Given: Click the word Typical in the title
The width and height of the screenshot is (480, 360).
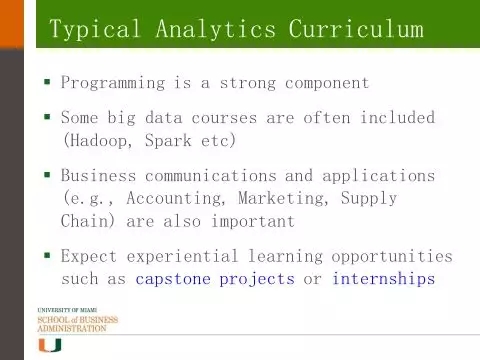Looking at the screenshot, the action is (95, 29).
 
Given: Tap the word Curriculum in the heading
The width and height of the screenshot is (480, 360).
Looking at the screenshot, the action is (356, 28).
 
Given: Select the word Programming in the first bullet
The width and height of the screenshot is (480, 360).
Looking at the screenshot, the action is (113, 83).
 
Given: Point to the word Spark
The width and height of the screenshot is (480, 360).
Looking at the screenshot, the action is (168, 140).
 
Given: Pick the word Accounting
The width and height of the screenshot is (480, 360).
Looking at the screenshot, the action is (174, 199).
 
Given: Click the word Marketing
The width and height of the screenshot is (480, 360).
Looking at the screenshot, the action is (281, 199).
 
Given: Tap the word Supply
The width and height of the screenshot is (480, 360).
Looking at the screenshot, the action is (369, 199).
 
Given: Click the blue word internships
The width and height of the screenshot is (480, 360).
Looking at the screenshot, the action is (384, 279).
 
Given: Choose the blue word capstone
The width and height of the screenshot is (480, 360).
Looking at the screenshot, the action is (173, 279).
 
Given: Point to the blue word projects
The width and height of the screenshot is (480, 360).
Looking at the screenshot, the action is (257, 279).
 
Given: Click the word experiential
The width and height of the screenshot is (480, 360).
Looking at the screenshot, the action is (182, 257).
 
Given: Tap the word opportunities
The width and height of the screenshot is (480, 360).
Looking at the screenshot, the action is (392, 257).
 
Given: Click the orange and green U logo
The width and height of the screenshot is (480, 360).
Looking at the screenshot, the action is (50, 345).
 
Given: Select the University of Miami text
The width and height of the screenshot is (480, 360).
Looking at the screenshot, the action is (67, 310).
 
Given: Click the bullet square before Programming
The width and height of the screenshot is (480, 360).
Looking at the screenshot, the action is (47, 82).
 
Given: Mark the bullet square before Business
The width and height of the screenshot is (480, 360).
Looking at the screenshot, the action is (47, 174).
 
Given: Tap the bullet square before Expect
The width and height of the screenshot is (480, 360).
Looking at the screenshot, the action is (47, 256).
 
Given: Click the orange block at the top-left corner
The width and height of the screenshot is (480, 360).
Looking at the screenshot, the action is (12, 24).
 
